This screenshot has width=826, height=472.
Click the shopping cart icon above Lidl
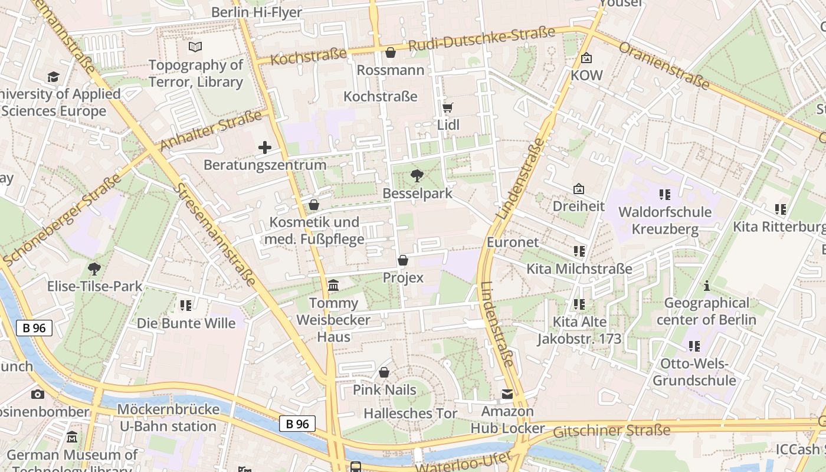[448, 107]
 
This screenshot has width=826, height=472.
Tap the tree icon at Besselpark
[417, 175]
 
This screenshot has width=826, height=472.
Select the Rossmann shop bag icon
[390, 53]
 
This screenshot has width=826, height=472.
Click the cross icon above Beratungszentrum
[265, 147]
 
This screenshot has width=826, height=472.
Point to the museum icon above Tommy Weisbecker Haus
[333, 286]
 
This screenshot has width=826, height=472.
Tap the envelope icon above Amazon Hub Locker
[507, 394]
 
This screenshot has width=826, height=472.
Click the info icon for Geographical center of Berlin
[706, 286]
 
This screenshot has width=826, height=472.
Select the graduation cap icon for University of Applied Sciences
[54, 77]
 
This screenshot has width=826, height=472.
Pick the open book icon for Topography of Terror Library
[195, 47]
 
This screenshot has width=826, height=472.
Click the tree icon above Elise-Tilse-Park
[94, 269]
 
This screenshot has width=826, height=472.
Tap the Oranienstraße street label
[664, 65]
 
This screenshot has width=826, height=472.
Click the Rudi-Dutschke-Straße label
[481, 38]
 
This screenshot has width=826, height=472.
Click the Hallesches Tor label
[410, 414]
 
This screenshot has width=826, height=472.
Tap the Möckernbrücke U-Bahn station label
[168, 418]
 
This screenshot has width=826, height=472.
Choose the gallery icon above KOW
[586, 58]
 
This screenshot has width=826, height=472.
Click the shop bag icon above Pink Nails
[384, 372]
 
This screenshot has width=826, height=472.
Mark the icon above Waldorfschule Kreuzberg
[665, 194]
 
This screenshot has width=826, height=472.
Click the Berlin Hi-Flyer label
[256, 12]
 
